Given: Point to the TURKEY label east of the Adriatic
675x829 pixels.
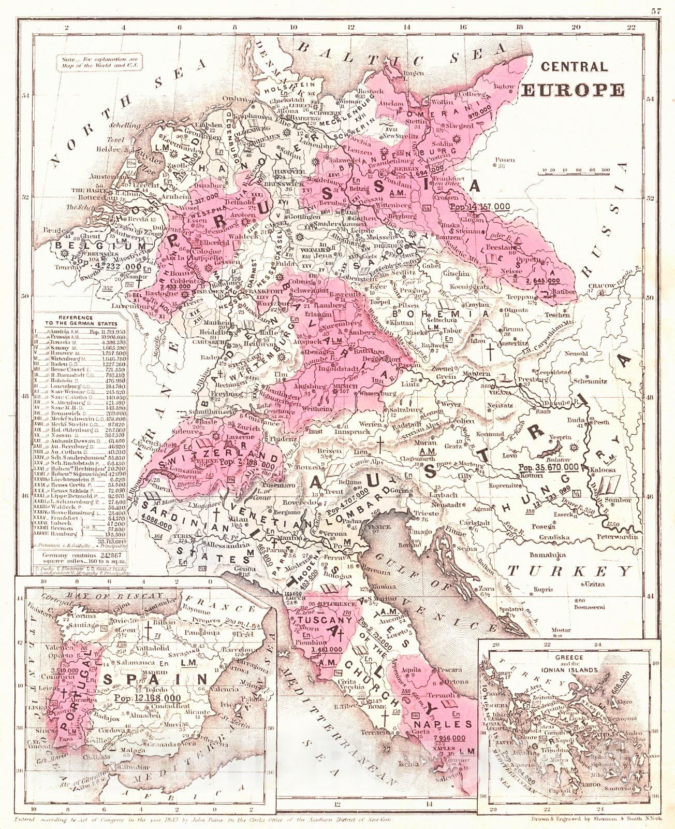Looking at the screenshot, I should click(569, 571).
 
